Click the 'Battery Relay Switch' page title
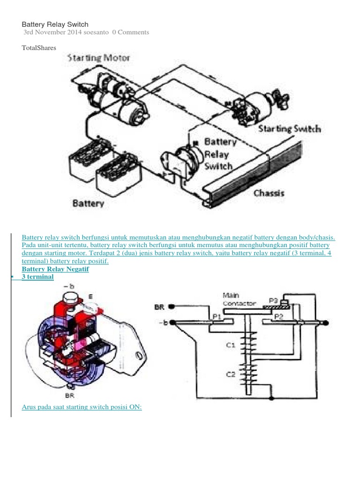(x=55, y=24)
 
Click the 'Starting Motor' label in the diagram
(x=99, y=58)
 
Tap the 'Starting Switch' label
(x=289, y=128)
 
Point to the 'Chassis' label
(x=269, y=193)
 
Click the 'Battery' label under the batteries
(x=88, y=204)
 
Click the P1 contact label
(x=217, y=316)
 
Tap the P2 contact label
(x=279, y=316)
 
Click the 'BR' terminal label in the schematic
(x=160, y=307)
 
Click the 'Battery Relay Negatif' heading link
(x=55, y=269)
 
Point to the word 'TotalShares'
(x=39, y=48)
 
